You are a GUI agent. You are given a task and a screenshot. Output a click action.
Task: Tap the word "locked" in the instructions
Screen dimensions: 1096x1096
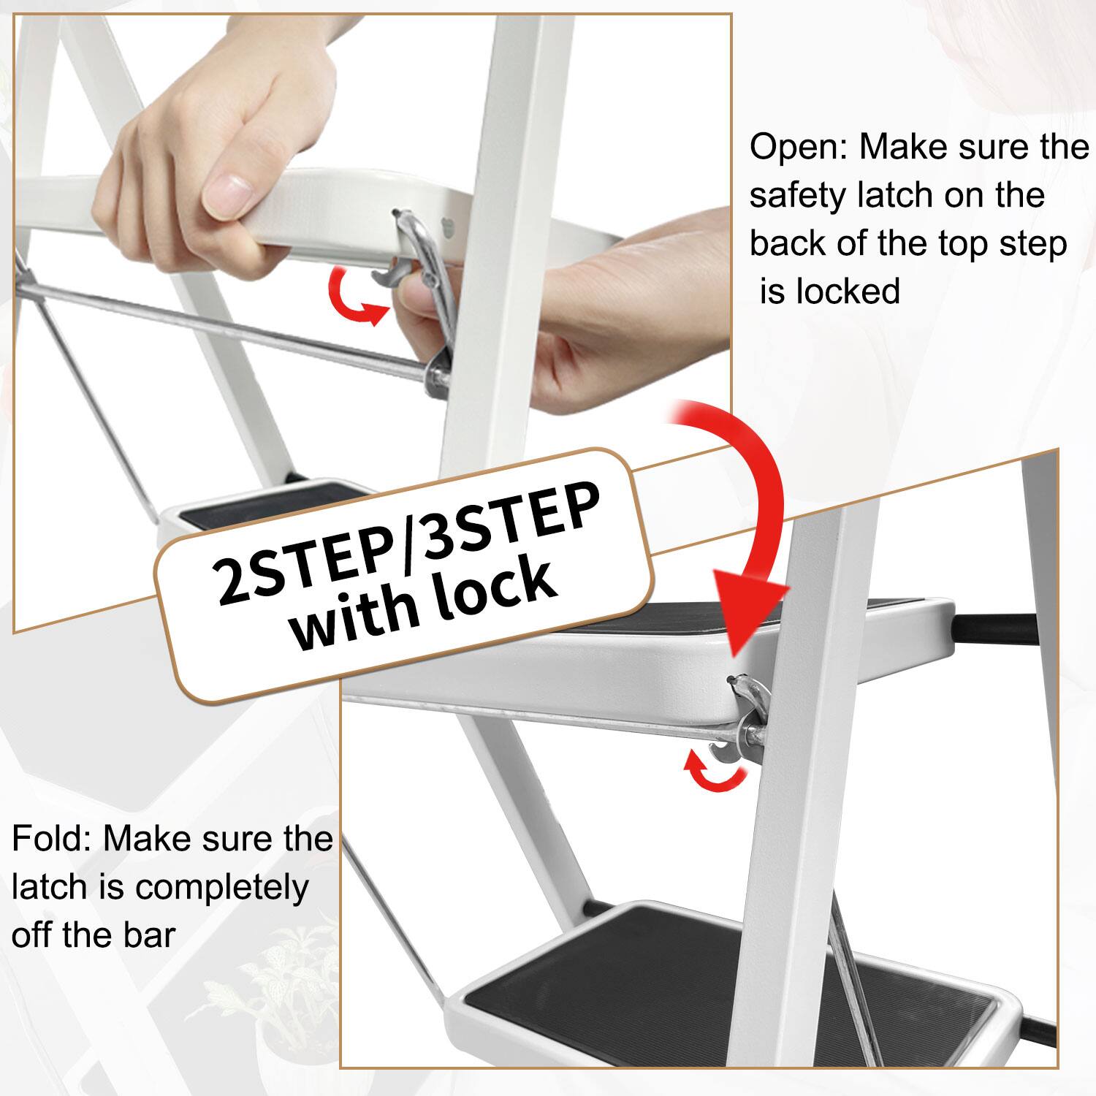coord(848,292)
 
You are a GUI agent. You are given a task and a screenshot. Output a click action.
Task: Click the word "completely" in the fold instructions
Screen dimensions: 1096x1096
coord(221,888)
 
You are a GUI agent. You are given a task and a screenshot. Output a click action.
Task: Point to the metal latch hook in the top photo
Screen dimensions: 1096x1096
coord(424,263)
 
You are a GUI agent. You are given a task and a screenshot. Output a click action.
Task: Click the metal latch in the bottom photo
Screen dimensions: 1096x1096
coord(749,712)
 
